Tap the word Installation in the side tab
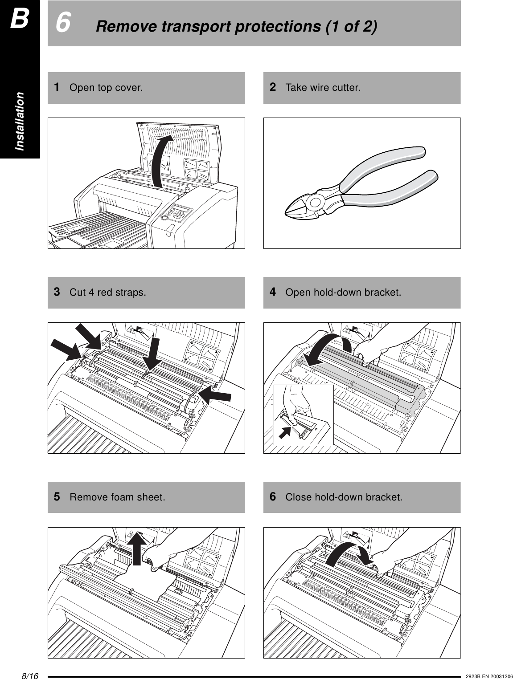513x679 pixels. tap(20, 121)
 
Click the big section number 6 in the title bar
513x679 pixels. tap(64, 23)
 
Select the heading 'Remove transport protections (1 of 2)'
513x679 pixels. tap(236, 27)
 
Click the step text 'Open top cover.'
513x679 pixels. tap(106, 87)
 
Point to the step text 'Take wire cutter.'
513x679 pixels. tap(323, 87)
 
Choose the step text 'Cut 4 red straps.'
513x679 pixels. tap(107, 293)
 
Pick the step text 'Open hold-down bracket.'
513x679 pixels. tap(343, 293)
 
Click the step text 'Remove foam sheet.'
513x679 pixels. tap(117, 497)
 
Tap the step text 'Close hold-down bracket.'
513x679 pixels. tap(344, 497)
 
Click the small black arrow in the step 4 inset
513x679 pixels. tap(285, 431)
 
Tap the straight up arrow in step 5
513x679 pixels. tap(140, 548)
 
